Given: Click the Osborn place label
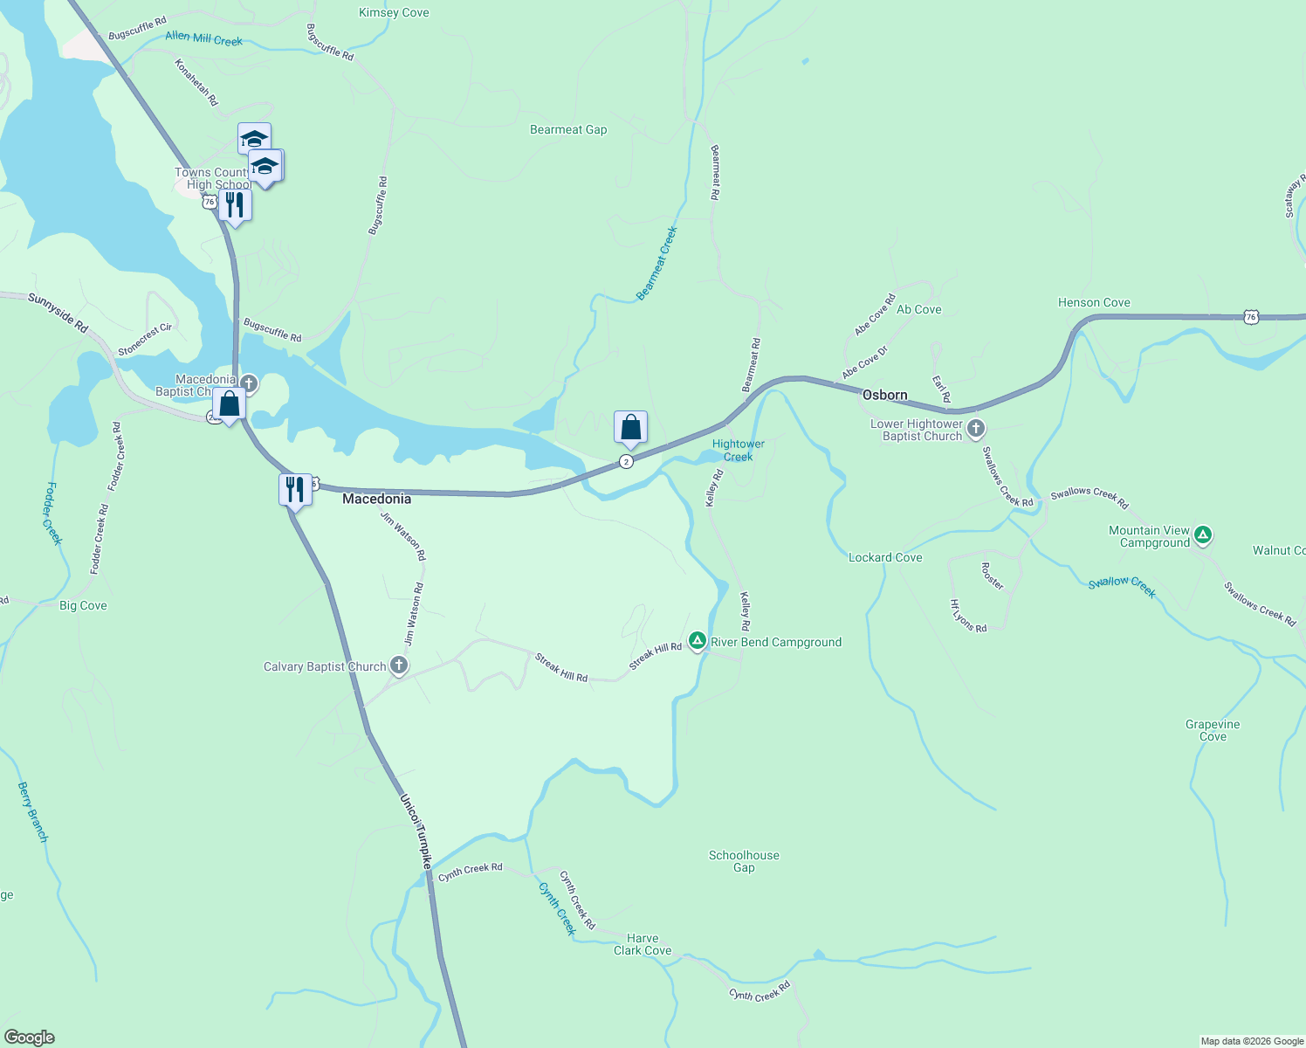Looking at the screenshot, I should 884,396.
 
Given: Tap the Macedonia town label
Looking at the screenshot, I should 376,499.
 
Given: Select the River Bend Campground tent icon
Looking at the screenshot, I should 697,642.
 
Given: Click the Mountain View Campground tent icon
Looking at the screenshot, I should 1203,535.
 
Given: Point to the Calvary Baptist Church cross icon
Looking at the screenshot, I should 398,666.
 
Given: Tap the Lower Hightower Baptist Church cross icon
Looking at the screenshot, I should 976,429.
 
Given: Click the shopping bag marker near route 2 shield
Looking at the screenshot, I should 630,428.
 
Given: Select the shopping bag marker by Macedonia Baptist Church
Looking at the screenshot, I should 229,404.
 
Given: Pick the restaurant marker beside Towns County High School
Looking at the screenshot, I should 235,205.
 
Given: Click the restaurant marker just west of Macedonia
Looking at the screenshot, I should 295,489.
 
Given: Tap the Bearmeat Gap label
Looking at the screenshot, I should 568,130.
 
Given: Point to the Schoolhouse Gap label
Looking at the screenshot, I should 744,861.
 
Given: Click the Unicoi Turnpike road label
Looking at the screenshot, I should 416,831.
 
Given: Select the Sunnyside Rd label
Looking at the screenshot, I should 58,313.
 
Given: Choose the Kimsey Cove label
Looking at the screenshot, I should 394,13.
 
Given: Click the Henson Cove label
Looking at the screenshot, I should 1094,303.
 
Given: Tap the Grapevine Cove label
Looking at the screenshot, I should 1213,730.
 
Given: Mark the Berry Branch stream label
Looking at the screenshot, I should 33,812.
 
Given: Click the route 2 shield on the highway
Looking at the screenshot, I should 626,461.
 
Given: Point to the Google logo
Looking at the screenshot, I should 30,1038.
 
